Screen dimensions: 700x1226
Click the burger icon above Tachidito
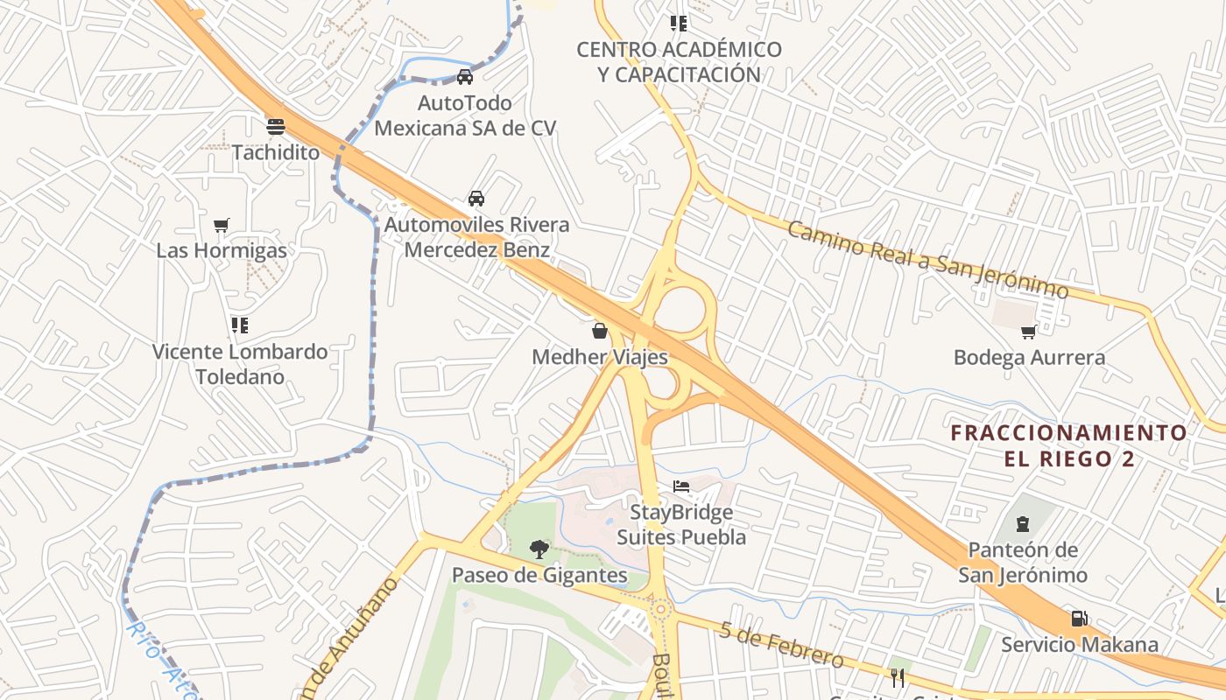coord(276,126)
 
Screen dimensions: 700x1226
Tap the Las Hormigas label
coord(221,250)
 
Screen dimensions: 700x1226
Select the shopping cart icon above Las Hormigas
coord(222,226)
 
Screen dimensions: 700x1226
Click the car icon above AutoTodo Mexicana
coord(465,77)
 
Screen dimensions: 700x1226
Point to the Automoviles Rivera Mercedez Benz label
coord(477,237)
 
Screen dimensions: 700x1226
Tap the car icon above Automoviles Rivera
coord(476,199)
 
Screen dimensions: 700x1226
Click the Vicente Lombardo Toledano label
coord(240,364)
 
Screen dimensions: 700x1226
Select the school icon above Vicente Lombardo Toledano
coord(240,326)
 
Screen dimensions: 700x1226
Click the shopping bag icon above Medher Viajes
coord(600,331)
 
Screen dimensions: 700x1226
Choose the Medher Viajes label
coord(600,357)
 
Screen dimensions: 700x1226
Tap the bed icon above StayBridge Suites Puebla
coord(681,486)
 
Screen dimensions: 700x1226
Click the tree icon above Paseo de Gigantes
coord(539,549)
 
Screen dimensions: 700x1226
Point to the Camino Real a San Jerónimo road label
coord(927,260)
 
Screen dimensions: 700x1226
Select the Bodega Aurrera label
coord(1029,357)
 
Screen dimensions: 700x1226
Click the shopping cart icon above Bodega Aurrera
coord(1029,332)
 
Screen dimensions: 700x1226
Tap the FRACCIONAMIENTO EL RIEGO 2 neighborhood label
coord(1069,445)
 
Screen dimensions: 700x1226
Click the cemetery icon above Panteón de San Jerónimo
coord(1022,524)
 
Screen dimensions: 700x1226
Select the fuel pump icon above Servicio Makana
coord(1080,619)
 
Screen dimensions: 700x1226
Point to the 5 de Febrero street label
coord(782,646)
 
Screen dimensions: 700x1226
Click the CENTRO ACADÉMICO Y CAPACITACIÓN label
coord(679,62)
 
